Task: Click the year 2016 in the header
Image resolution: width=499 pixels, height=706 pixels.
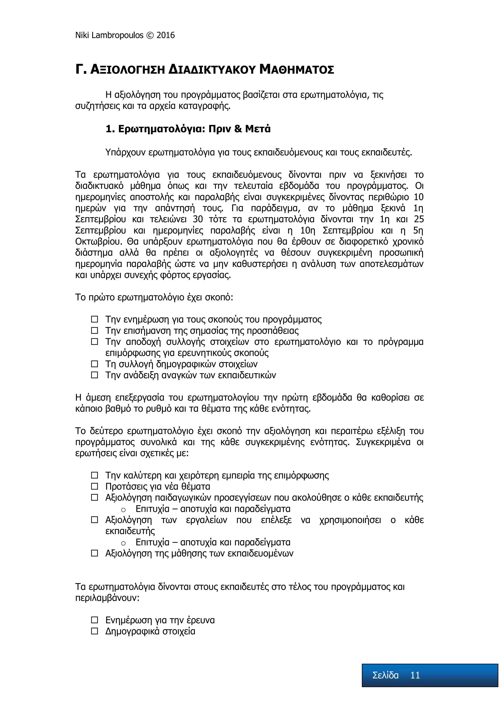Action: click(x=165, y=35)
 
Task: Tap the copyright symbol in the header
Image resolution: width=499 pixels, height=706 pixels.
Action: click(x=150, y=36)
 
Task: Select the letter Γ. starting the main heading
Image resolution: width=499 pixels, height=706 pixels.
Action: click(x=81, y=70)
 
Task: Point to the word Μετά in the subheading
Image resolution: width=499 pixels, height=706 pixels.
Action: click(x=258, y=129)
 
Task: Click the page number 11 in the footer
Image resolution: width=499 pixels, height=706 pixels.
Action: click(x=415, y=675)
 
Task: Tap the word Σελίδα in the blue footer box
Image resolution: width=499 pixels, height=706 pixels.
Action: click(x=385, y=675)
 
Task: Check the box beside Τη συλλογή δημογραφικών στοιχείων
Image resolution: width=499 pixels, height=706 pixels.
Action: click(x=94, y=364)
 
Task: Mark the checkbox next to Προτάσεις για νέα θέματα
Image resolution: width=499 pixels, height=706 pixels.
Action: click(x=94, y=486)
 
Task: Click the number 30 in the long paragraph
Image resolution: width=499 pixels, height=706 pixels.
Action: click(x=198, y=219)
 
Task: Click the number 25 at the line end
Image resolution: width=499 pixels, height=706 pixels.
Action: click(x=419, y=219)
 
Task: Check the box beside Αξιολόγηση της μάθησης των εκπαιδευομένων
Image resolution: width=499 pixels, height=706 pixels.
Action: click(x=94, y=553)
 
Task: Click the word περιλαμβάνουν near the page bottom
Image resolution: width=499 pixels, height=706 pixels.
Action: click(x=107, y=598)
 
